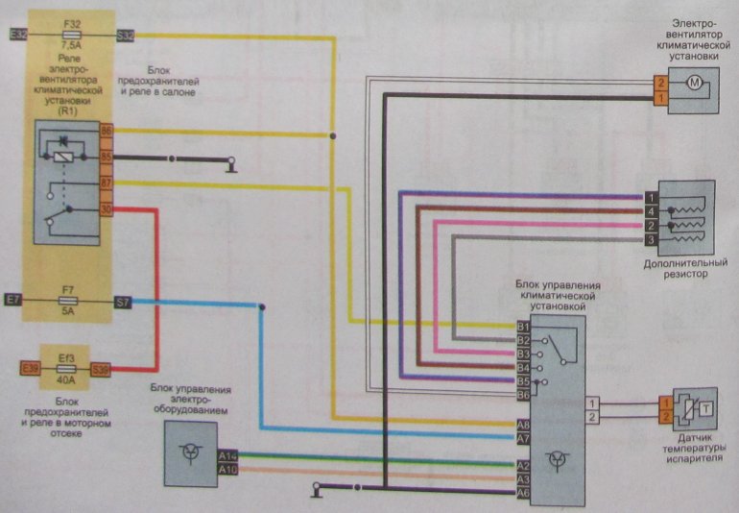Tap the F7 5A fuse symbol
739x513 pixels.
(x=66, y=303)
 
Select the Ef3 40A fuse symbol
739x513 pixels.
(x=66, y=368)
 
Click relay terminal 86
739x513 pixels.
(x=107, y=131)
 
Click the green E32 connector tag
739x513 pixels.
(x=15, y=35)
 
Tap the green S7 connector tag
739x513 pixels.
(x=123, y=303)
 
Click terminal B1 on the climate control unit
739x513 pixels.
(x=523, y=327)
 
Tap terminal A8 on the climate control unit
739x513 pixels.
(x=523, y=425)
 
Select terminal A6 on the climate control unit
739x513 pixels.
(x=523, y=493)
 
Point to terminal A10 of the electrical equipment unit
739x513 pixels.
(x=227, y=469)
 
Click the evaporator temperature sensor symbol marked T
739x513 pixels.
(x=706, y=408)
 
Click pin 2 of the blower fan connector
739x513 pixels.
(x=660, y=85)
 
